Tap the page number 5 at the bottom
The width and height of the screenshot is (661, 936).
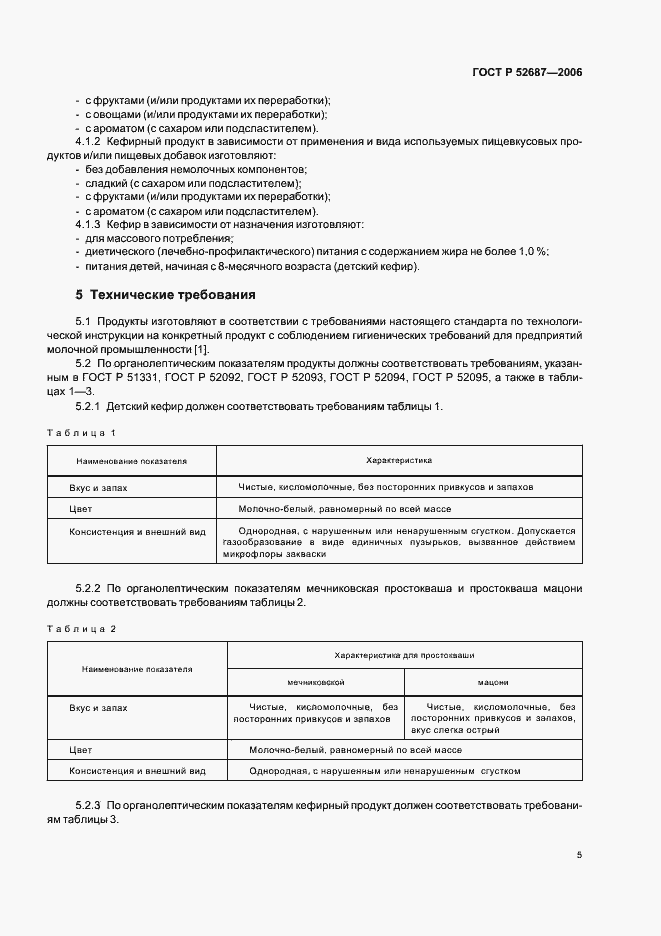coord(579,855)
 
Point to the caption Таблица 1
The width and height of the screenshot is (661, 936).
coord(82,432)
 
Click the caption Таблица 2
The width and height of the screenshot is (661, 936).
coord(82,627)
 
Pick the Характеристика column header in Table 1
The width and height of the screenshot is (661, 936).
coord(398,461)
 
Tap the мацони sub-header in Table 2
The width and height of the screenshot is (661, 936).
coord(492,682)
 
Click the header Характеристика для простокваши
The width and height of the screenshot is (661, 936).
coord(405,655)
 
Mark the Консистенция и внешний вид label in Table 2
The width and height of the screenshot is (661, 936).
coord(137,771)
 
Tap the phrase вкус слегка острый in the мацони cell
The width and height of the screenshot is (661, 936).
coord(454,731)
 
